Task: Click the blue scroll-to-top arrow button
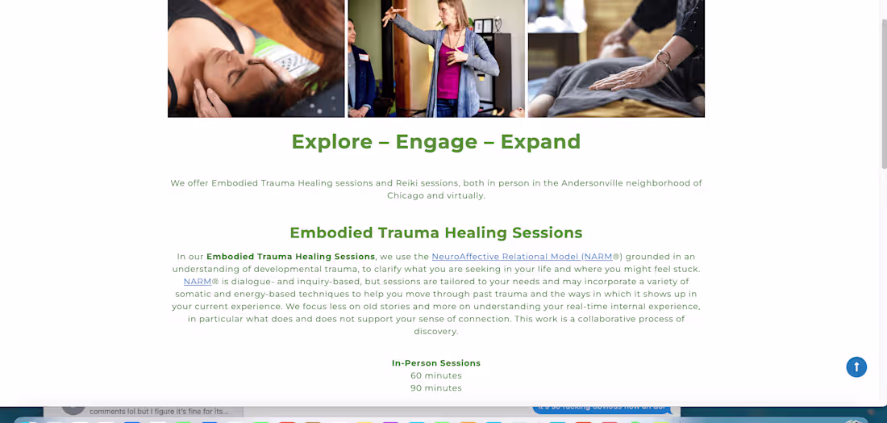point(856,367)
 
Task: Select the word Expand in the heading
point(540,142)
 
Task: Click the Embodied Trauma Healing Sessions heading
point(435,233)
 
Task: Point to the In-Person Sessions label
point(435,363)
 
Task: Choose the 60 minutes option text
point(435,375)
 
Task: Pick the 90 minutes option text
point(435,388)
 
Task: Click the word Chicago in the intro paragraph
point(406,195)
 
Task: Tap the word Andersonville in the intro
point(598,183)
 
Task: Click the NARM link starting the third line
point(198,282)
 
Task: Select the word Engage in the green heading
point(435,142)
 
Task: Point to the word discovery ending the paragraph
point(435,332)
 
